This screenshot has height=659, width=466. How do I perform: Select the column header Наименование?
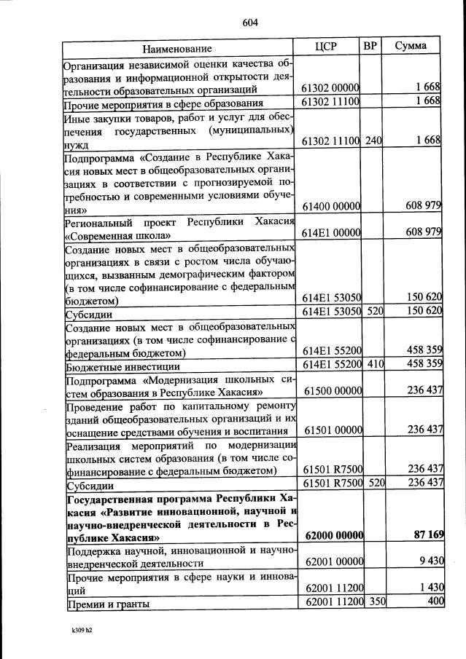point(177,48)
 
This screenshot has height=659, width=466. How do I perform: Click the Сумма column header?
point(411,47)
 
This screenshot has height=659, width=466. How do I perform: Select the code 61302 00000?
point(331,89)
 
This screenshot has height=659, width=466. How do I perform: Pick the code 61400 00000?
point(331,206)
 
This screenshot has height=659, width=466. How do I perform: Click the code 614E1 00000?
point(331,233)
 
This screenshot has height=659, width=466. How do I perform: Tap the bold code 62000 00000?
point(331,536)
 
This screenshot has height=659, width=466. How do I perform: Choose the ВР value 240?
point(373,140)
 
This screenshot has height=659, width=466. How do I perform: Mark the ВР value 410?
point(373,364)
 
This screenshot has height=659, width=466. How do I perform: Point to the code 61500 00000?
point(331,391)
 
